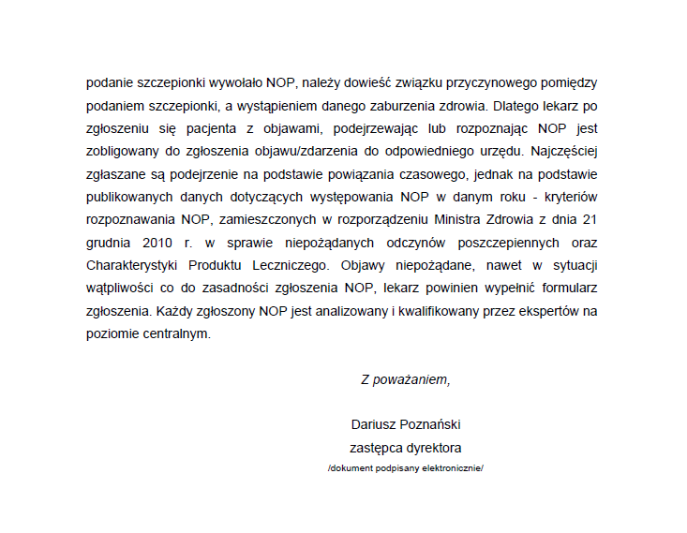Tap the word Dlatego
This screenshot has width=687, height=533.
pyautogui.click(x=515, y=105)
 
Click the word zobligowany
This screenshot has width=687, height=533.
pyautogui.click(x=122, y=151)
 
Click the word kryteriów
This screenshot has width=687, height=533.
pyautogui.click(x=570, y=196)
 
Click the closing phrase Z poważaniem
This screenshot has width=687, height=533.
pyautogui.click(x=406, y=379)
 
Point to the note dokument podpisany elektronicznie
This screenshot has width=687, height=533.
pyautogui.click(x=406, y=466)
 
